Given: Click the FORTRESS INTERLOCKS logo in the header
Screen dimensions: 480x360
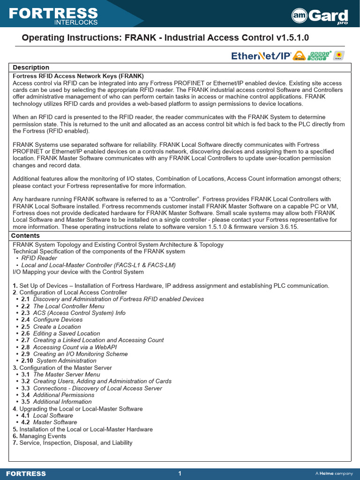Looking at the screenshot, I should click(x=53, y=15).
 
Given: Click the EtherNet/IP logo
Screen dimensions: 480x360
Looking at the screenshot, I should click(x=262, y=56).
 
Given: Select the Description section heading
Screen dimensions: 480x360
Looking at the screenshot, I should click(x=31, y=67).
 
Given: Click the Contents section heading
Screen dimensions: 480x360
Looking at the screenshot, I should click(x=26, y=236).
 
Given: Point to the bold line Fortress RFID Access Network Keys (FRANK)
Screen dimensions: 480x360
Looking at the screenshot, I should click(x=78, y=76).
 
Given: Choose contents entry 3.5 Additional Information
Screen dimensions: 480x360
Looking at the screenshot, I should click(x=56, y=402).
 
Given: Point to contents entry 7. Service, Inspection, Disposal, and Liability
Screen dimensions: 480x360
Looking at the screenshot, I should click(x=73, y=443).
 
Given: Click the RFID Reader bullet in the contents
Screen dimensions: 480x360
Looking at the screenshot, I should click(x=39, y=258).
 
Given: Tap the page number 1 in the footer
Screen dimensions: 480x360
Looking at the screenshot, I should click(x=180, y=473).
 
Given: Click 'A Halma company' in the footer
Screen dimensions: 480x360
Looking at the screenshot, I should click(x=334, y=474).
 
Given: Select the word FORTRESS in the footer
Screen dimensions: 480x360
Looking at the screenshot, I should click(x=26, y=474).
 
